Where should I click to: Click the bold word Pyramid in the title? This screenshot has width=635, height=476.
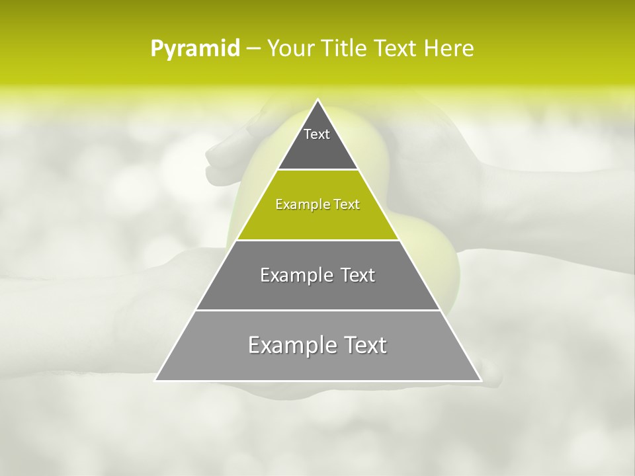point(195,49)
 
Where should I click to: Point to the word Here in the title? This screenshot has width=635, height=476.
point(449,49)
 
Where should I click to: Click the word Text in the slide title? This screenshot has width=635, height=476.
point(396,49)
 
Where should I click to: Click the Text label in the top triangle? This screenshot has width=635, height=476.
point(317,134)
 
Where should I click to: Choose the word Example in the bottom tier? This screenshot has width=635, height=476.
point(290,345)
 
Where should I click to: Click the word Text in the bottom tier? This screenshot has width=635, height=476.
point(362,345)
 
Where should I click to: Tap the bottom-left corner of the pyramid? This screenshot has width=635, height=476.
point(155,380)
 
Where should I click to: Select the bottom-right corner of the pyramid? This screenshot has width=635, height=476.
point(481,380)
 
